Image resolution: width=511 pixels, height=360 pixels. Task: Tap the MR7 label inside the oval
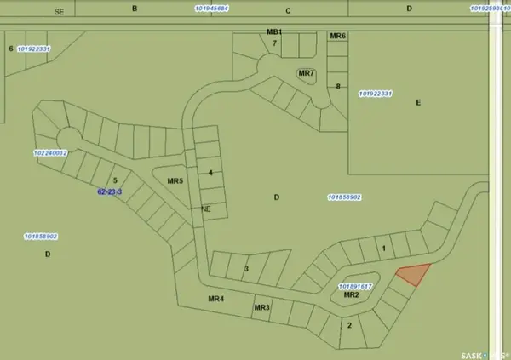coord(307,74)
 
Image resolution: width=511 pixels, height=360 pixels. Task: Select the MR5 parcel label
coord(175,181)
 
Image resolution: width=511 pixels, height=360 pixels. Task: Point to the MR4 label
coord(215,299)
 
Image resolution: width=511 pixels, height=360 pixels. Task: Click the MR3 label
coord(261,307)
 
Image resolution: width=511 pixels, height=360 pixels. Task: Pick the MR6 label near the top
coord(337,37)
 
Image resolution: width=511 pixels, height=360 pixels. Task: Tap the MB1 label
coord(273,31)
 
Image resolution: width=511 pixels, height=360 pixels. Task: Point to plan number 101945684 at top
coord(210,9)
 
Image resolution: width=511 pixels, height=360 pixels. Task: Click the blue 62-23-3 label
coord(110,192)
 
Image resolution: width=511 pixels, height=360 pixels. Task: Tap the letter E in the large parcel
coord(418,102)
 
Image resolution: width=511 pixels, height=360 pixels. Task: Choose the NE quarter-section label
coord(205,209)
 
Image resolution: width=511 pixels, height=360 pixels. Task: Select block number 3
coord(246,269)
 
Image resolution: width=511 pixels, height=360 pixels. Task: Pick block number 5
coord(114,180)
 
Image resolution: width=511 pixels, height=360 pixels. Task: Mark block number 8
coord(338,86)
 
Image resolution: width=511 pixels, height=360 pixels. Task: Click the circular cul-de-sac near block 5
coord(66,138)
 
